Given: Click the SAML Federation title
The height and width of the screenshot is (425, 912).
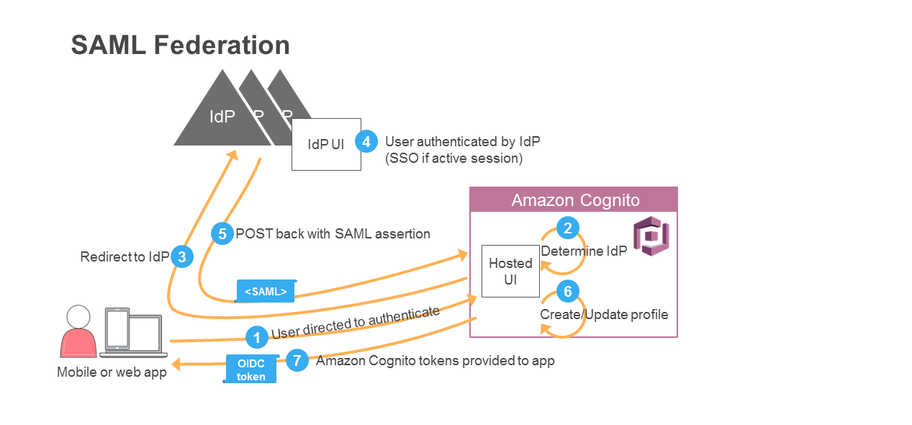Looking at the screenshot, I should pos(180,45).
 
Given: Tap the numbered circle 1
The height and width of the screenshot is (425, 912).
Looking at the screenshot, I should pos(256,336).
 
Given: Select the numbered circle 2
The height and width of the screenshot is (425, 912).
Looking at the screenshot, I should pos(568,228).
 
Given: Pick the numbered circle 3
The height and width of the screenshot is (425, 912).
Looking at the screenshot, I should pos(182,256).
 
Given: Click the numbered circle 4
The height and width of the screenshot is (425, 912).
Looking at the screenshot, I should pos(366,141).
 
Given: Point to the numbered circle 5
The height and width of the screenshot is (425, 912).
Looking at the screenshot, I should pos(222,233).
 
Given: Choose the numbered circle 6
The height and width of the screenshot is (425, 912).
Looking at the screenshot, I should pos(568,291).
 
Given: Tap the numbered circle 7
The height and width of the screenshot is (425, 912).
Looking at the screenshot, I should pos(297,360).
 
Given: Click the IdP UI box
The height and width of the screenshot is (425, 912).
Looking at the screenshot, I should pos(326,145).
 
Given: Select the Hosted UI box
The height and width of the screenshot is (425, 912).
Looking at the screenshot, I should pos(510,271).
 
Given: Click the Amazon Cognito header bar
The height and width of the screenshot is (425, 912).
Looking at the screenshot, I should pos(574,200).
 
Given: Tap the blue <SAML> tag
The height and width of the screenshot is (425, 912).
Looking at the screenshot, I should pos(266,291).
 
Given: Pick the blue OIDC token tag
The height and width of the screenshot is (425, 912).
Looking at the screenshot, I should pos(251,369).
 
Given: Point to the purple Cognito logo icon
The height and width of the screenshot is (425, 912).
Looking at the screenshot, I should pos(651,236).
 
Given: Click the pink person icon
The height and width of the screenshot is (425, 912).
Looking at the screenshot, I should pos(78,331).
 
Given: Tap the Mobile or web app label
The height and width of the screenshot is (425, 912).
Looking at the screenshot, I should pos(112,372).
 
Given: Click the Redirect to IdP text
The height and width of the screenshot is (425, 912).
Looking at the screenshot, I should pos(125,256).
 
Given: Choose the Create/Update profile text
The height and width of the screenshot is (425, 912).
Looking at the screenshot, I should pos(604,315).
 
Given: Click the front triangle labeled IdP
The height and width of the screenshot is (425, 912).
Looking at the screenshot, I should pos(222,115).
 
